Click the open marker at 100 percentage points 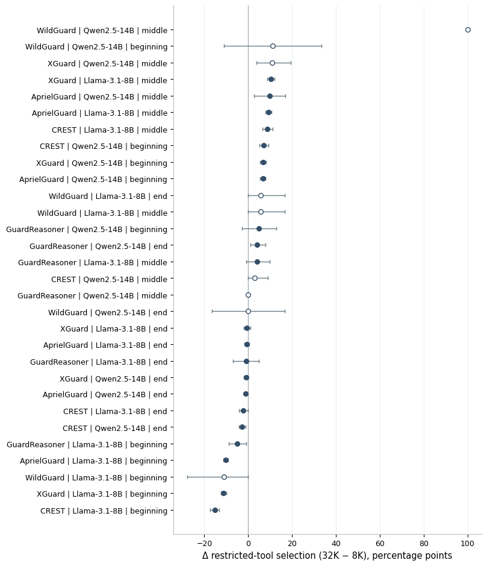click(468, 30)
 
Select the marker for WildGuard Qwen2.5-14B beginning click(273, 46)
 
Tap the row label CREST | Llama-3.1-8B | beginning click(104, 511)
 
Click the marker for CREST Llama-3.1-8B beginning click(215, 510)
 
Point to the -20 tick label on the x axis click(205, 544)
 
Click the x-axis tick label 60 click(380, 544)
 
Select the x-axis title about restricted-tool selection click(327, 556)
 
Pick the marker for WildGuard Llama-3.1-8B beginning click(224, 477)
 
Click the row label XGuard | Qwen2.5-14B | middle click(107, 63)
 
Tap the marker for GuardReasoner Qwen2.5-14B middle click(248, 295)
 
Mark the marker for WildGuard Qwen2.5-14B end click(248, 312)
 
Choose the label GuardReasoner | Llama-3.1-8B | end click(99, 362)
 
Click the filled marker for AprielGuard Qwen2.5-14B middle click(270, 96)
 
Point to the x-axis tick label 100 click(468, 544)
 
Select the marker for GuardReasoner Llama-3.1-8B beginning click(237, 444)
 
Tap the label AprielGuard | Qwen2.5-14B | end click(105, 395)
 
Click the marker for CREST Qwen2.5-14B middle click(255, 278)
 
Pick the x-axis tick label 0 click(249, 544)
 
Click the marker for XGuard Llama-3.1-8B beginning click(223, 494)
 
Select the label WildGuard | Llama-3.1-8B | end click(108, 197)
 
